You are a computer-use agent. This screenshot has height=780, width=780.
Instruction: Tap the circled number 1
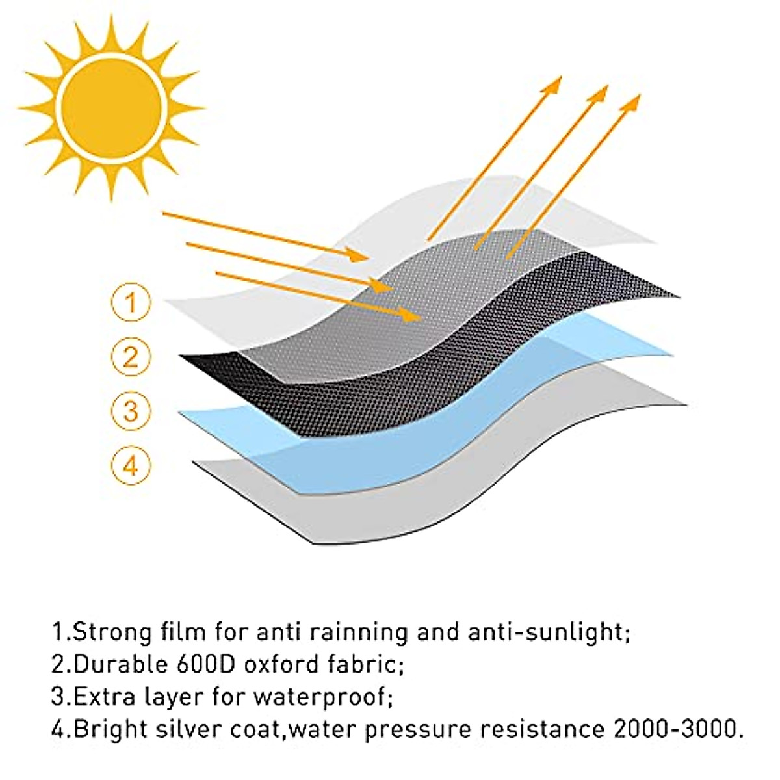point(131,302)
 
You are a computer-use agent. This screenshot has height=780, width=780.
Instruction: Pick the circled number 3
point(131,411)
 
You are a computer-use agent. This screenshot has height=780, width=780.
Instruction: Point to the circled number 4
point(131,465)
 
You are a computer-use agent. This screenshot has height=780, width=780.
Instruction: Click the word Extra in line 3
point(105,697)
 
